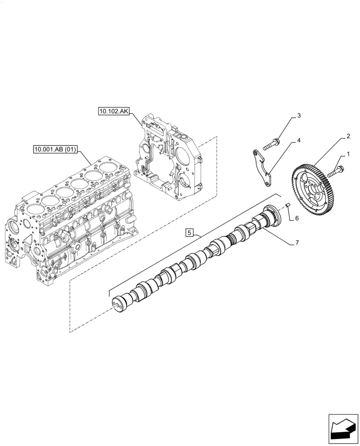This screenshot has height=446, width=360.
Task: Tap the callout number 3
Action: point(299,116)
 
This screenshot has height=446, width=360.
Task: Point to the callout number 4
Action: point(299,140)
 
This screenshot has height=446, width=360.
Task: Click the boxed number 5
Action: point(189,232)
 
